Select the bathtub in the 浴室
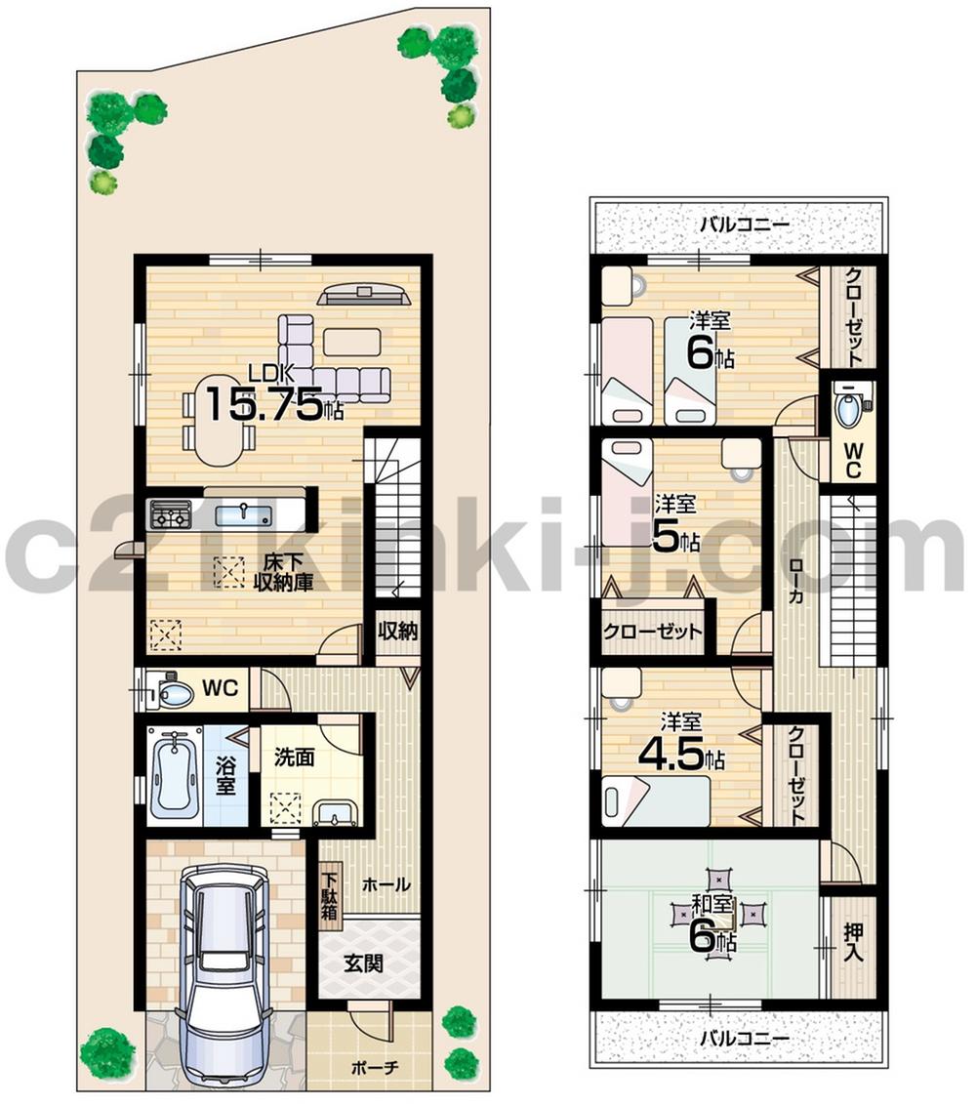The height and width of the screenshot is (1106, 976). pyautogui.click(x=177, y=776)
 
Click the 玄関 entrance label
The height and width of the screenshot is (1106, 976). pyautogui.click(x=362, y=963)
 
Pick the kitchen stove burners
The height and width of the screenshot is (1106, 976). pyautogui.click(x=170, y=515)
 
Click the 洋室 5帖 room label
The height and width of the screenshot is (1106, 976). pyautogui.click(x=676, y=524)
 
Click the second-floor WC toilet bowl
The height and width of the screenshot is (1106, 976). pyautogui.click(x=849, y=410)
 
